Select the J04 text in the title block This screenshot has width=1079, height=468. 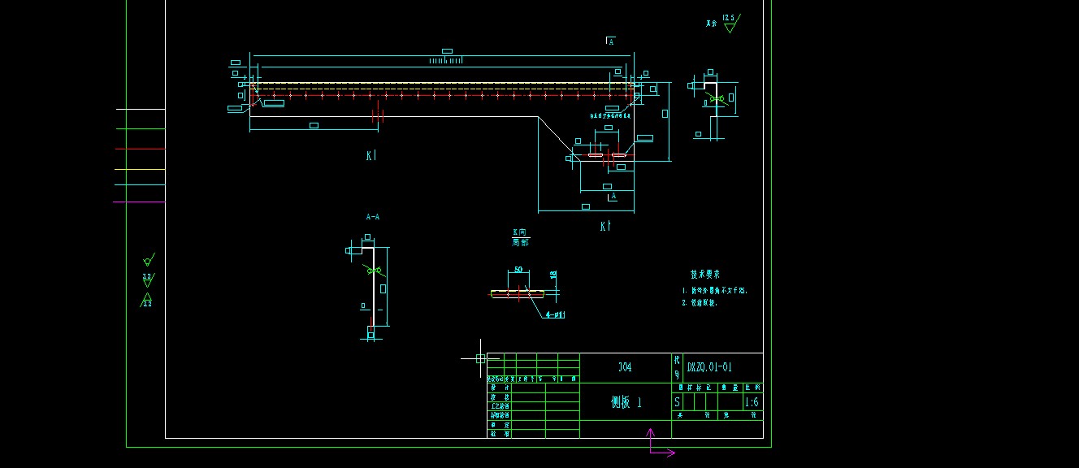[624, 367]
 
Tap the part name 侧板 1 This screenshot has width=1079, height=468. [626, 402]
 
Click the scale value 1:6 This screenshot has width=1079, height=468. [752, 402]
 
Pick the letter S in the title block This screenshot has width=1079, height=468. [678, 402]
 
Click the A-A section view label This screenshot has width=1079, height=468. [373, 217]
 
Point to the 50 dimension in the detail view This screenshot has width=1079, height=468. [518, 270]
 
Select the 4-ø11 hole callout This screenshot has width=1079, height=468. [555, 314]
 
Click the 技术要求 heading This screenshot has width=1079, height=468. [704, 275]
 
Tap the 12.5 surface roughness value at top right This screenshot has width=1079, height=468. [728, 17]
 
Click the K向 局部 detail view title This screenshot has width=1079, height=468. [520, 237]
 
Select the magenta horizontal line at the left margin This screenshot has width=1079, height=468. [139, 201]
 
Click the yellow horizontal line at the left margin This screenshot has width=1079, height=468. [140, 169]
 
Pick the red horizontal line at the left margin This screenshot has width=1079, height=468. [140, 149]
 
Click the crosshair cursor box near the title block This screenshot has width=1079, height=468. [480, 358]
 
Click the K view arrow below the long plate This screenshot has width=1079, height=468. [370, 155]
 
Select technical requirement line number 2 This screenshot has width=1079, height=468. [700, 302]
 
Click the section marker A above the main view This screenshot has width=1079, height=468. [611, 41]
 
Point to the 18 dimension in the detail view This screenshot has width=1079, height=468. [554, 275]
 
